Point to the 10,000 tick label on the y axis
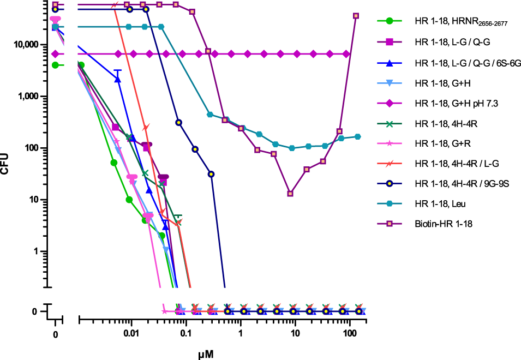(23, 45)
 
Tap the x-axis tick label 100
(350, 333)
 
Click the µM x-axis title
(206, 354)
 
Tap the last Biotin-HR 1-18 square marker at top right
(356, 16)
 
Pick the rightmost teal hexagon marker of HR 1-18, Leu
(358, 136)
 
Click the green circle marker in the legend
(389, 21)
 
